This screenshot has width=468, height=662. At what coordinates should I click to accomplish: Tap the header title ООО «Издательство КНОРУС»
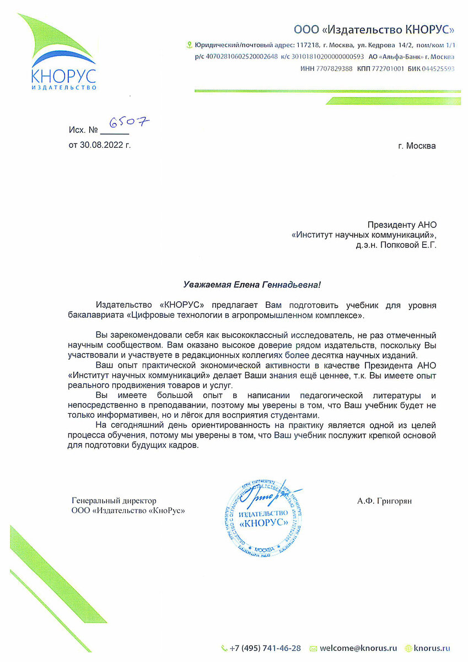[x=374, y=29]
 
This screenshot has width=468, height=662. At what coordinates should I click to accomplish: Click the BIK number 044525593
[x=438, y=69]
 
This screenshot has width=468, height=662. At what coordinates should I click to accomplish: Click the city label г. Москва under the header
[x=416, y=146]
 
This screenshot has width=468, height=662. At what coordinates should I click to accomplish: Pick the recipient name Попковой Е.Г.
[x=411, y=245]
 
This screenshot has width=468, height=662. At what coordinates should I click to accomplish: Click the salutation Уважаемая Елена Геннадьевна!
[x=251, y=285]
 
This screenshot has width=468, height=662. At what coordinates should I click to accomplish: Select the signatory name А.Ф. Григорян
[x=384, y=501]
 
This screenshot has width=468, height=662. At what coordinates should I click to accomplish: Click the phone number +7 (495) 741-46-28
[x=265, y=648]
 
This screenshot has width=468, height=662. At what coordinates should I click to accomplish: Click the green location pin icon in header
[x=190, y=45]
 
